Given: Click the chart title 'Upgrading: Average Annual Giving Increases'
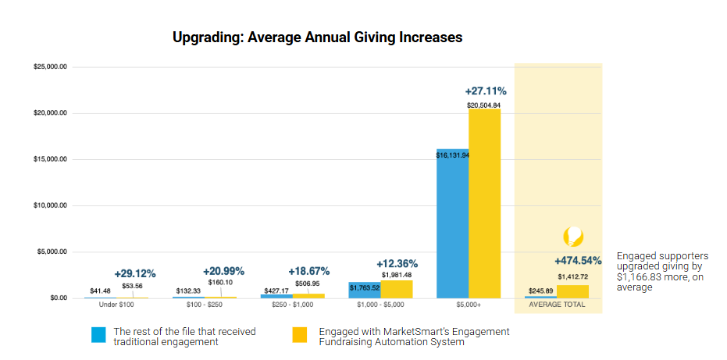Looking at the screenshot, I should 317,37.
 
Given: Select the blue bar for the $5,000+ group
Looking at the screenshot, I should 452,226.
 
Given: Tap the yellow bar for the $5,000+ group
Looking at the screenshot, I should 484,207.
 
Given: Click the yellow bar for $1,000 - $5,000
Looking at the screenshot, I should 396,290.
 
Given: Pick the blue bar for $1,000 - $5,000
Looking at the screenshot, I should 364,290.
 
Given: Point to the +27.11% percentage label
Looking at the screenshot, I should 485,91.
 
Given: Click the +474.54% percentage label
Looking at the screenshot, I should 578,261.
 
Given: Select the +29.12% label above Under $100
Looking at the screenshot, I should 135,273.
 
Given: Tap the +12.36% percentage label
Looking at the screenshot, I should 397,263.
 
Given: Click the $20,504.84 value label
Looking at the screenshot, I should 484,105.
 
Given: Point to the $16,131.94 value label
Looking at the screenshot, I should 453,155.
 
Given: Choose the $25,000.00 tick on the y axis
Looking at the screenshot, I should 50,67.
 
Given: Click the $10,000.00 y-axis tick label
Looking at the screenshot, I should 50,206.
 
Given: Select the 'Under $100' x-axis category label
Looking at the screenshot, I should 116,305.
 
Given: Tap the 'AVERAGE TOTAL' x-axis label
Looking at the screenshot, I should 557,305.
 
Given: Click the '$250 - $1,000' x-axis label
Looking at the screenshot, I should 292,305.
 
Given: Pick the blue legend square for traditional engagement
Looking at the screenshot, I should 98,335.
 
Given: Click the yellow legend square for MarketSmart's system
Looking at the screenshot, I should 300,335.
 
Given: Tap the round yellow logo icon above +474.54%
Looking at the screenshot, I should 573,237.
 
